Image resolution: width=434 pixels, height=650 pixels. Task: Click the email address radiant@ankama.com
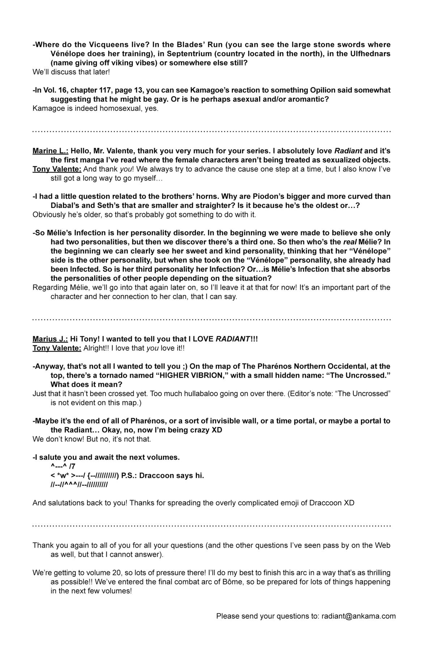(x=358, y=616)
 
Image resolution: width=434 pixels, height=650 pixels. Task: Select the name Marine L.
(x=50, y=151)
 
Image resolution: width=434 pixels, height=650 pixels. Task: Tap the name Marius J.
(x=50, y=339)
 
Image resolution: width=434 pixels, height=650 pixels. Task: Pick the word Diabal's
(x=65, y=205)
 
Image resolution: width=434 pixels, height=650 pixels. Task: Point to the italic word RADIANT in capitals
(x=233, y=339)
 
